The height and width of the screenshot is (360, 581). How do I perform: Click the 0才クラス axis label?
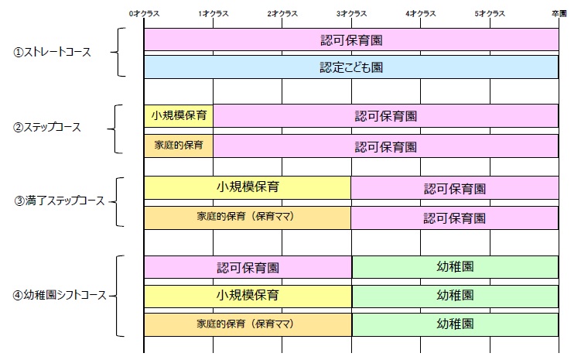[x=144, y=14]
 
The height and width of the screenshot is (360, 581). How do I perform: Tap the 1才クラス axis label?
[x=213, y=14]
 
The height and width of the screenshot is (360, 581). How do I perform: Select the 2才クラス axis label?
[x=282, y=14]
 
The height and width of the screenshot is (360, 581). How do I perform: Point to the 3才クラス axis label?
[x=351, y=14]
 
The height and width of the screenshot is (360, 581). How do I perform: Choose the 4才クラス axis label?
[x=421, y=14]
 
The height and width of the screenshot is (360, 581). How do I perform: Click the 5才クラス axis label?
[x=490, y=14]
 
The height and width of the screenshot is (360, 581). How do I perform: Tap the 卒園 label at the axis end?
[x=559, y=14]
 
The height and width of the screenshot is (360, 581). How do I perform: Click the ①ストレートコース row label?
[x=52, y=53]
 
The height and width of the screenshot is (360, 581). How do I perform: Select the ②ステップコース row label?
[x=46, y=128]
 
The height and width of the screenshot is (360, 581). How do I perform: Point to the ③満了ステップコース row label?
[x=60, y=201]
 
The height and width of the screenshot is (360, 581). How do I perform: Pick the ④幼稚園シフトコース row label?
[x=60, y=295]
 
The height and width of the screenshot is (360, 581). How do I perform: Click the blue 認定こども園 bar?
[x=351, y=67]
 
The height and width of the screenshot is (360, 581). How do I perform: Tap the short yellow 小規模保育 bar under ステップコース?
[x=179, y=115]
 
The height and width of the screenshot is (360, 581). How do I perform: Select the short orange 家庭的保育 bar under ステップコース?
[x=179, y=146]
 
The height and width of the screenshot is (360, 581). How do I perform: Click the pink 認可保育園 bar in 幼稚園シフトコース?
[x=248, y=267]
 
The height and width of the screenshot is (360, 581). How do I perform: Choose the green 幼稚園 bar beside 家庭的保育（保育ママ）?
[x=455, y=325]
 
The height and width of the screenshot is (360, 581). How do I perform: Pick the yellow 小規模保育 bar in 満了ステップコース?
[x=248, y=187]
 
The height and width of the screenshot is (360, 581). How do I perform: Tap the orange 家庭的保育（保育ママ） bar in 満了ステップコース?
[x=248, y=218]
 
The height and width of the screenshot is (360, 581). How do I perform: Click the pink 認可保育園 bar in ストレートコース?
[x=351, y=39]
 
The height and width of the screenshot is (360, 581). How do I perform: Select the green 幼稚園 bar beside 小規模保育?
[x=455, y=297]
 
